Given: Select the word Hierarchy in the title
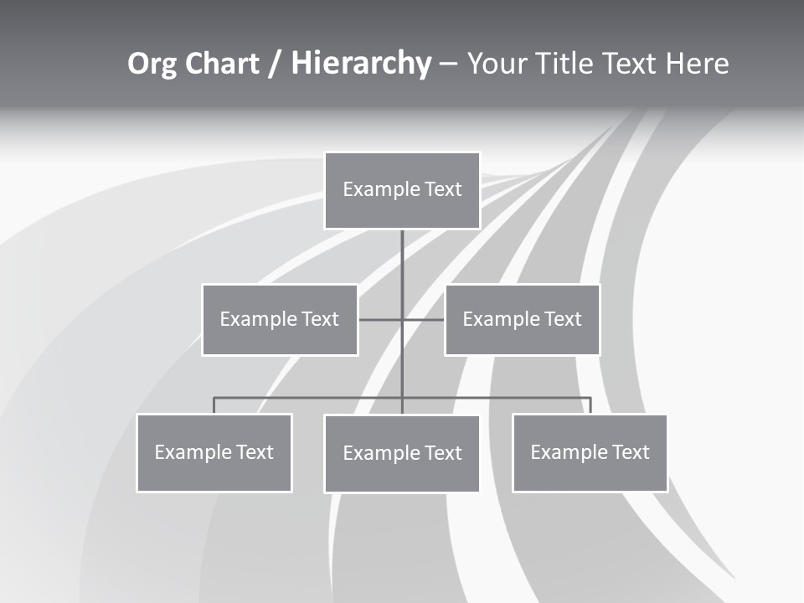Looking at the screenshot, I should click(361, 64).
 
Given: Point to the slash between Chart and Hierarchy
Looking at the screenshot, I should click(276, 64).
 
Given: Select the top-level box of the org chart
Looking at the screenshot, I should click(402, 190).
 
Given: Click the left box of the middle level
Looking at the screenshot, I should click(280, 320).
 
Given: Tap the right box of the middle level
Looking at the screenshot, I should click(522, 320).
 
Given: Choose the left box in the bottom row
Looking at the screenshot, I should click(214, 453).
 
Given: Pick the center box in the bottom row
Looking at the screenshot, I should click(402, 454).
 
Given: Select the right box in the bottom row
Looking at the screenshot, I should click(590, 453).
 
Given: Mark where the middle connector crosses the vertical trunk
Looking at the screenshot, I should click(402, 320).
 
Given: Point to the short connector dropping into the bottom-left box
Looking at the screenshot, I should click(214, 405).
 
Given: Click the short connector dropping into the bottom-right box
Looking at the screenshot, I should click(590, 405).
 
